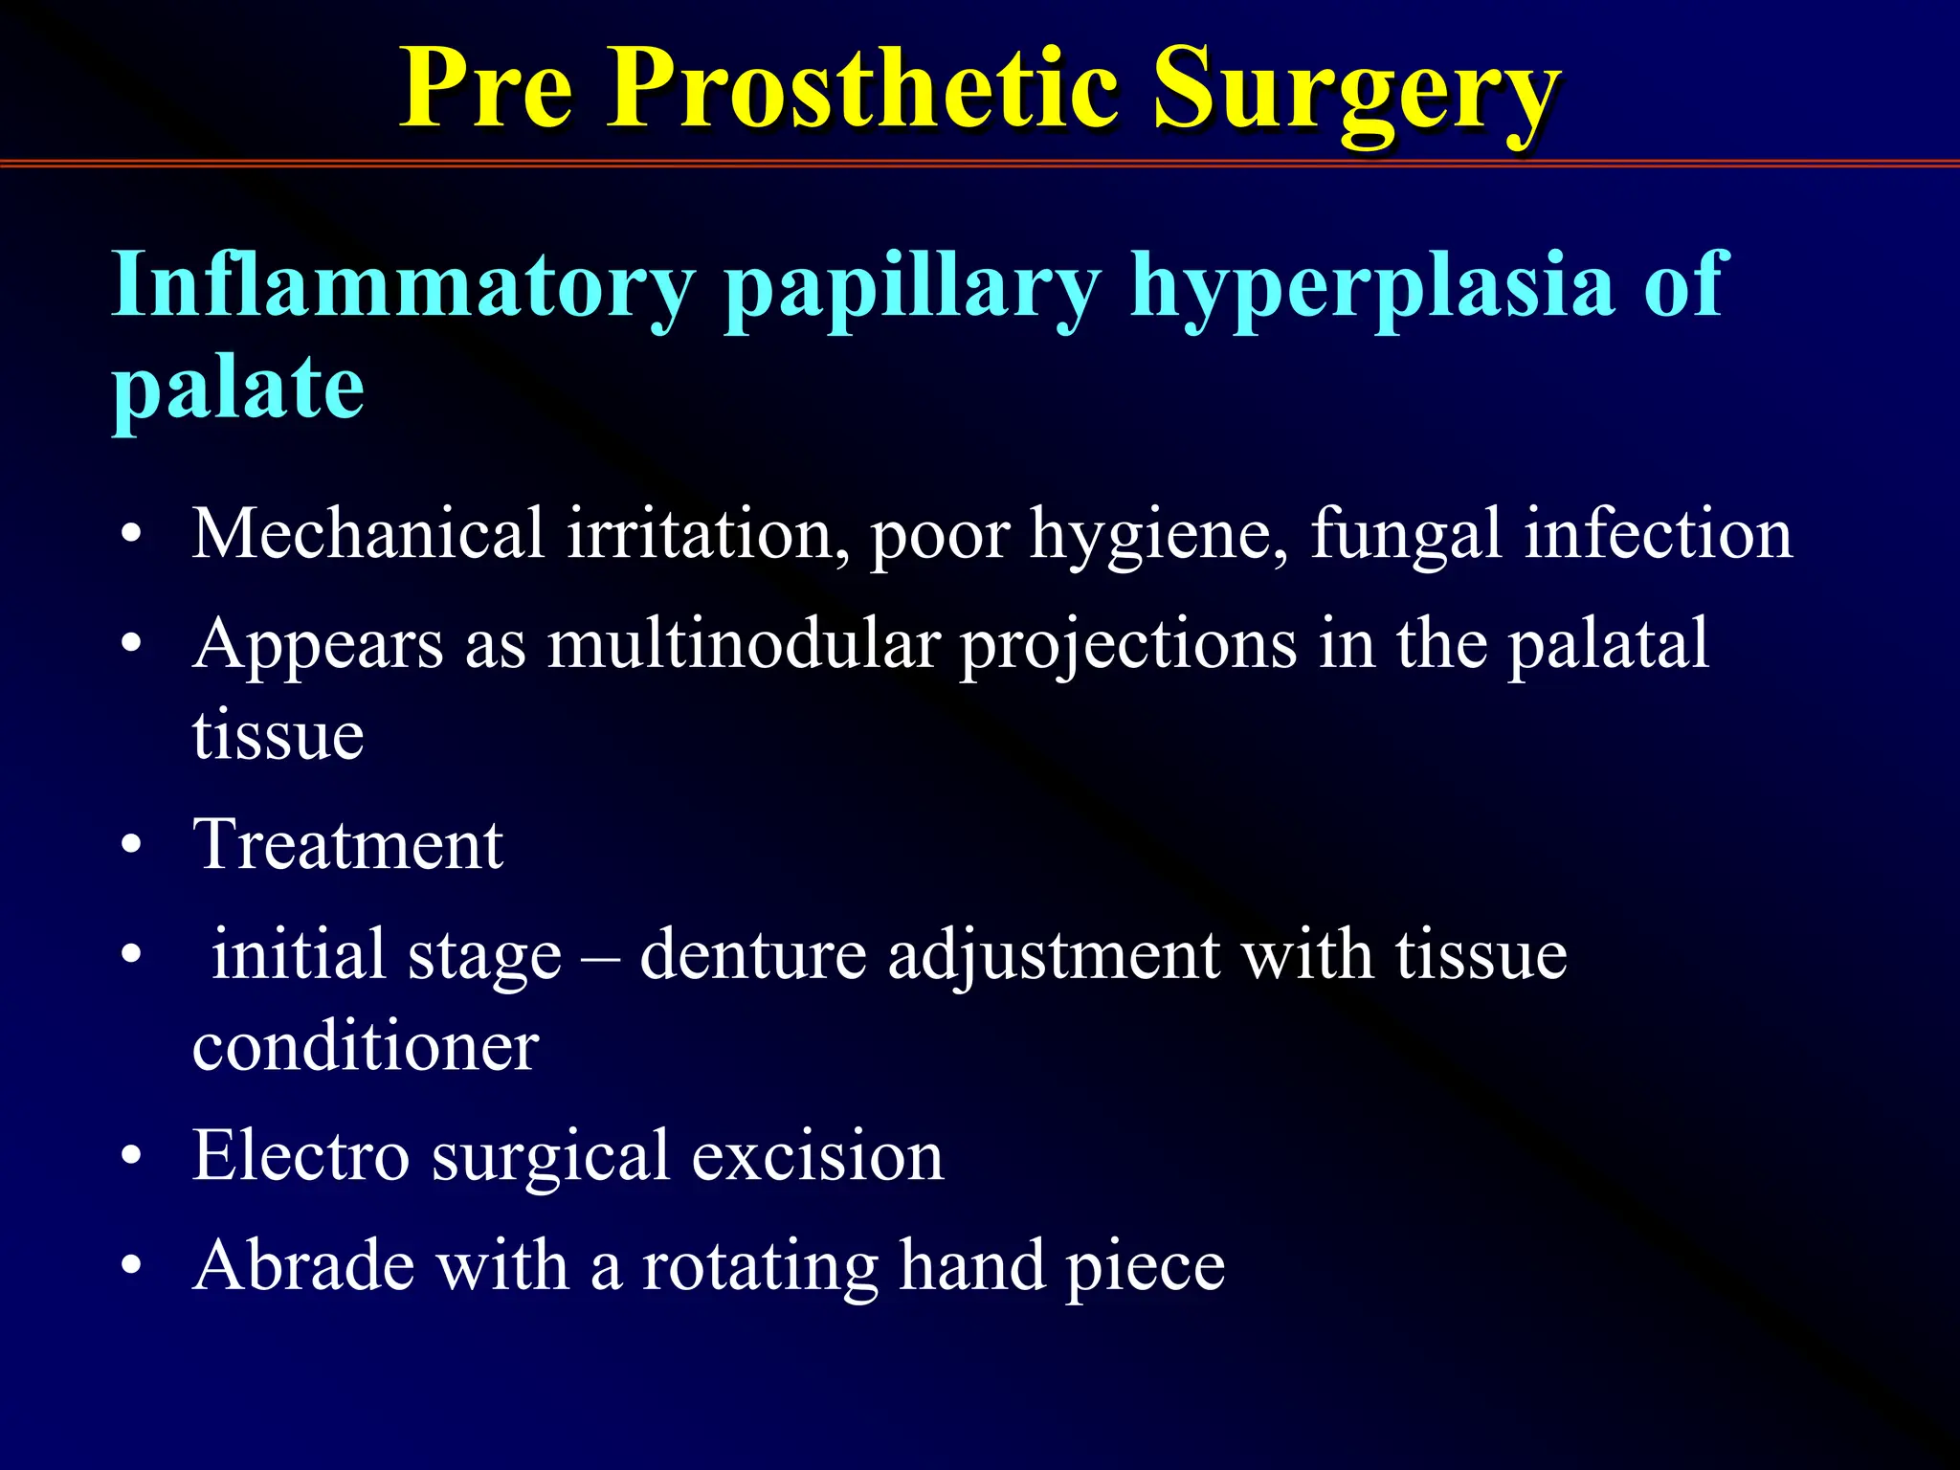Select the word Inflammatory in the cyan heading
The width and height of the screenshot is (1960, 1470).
(403, 286)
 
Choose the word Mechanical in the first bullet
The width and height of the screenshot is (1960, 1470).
(368, 533)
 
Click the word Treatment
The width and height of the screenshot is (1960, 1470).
(348, 845)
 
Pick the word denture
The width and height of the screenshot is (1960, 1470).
(752, 955)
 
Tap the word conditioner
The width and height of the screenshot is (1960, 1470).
(365, 1046)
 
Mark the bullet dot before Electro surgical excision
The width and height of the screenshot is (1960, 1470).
(132, 1157)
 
